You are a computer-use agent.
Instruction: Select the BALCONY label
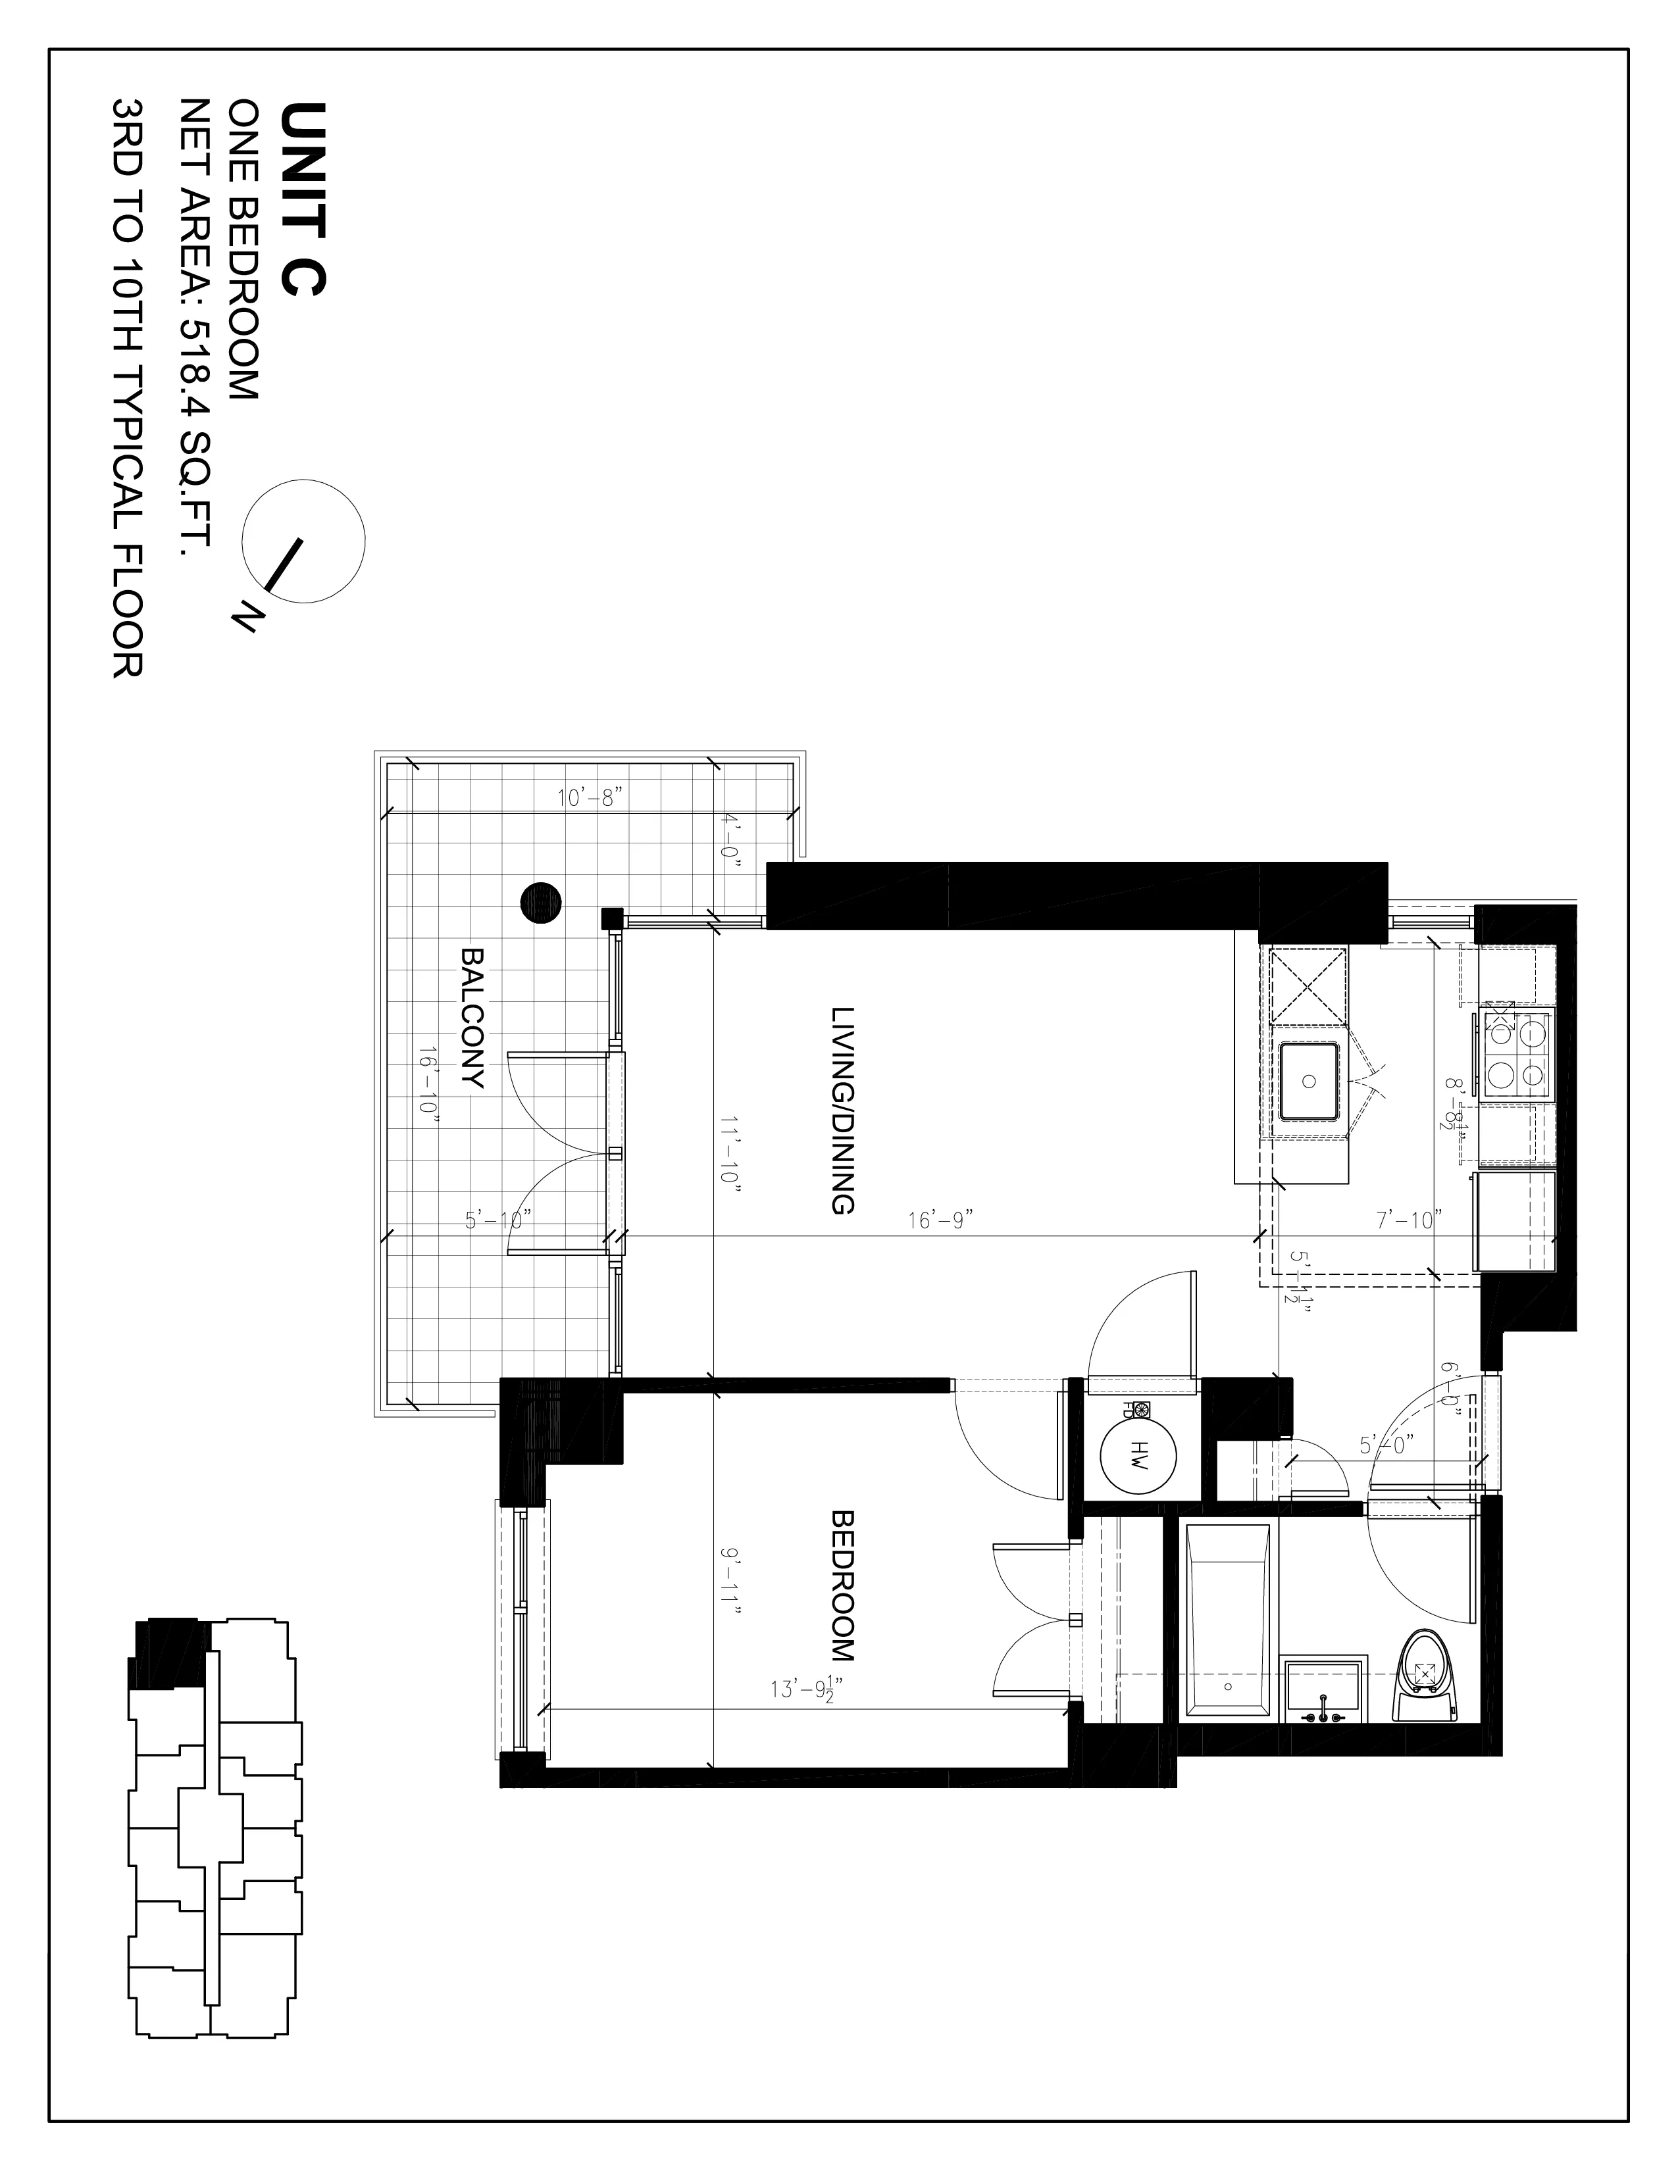(472, 1019)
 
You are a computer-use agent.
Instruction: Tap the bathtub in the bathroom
(1228, 1635)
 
